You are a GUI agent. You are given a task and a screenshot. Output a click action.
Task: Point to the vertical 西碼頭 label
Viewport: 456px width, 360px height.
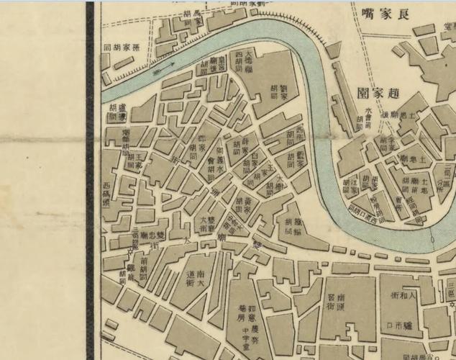108,194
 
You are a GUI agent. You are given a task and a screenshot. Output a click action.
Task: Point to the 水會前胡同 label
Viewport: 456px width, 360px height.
368,120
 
